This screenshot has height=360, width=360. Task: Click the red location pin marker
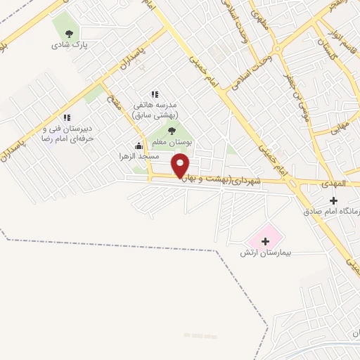click(x=181, y=166)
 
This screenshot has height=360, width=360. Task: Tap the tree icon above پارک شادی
click(x=68, y=33)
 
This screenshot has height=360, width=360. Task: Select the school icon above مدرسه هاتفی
click(x=155, y=94)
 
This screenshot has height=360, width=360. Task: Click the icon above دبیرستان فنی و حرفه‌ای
click(x=67, y=118)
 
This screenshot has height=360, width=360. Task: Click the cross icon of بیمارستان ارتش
click(x=265, y=241)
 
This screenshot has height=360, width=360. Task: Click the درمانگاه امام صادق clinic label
click(x=332, y=211)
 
